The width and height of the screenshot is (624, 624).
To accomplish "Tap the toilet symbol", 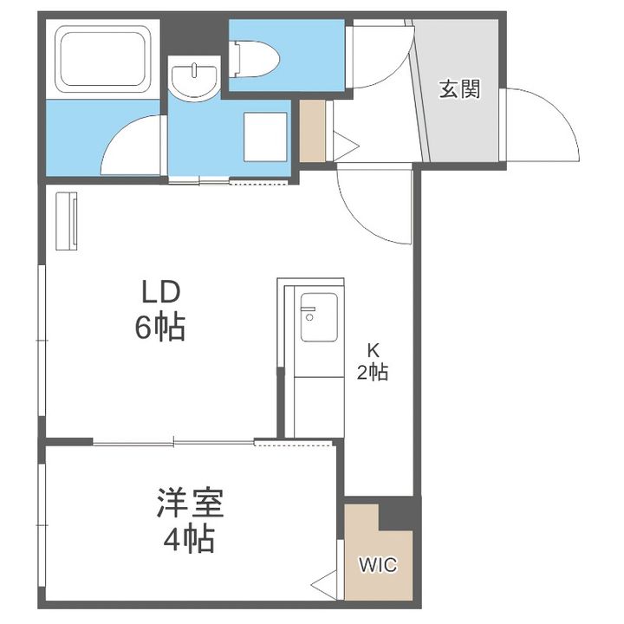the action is pyautogui.click(x=255, y=59).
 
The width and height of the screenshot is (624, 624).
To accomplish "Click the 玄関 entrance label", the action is pyautogui.click(x=459, y=89).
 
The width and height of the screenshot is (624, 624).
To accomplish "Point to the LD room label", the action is pyautogui.click(x=161, y=292).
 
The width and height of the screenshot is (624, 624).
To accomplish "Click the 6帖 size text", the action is pyautogui.click(x=160, y=327).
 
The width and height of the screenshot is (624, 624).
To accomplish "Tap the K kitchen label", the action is pyautogui.click(x=373, y=351).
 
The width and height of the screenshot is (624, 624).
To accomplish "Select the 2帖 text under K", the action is pyautogui.click(x=373, y=373).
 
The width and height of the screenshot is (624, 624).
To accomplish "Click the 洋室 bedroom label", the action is pyautogui.click(x=190, y=502).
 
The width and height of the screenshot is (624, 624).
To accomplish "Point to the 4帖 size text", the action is pyautogui.click(x=190, y=539).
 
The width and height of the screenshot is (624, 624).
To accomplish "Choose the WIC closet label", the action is pyautogui.click(x=378, y=565).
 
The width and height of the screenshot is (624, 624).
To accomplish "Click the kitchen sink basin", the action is pyautogui.click(x=319, y=317).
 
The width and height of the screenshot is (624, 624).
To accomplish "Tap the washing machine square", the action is pyautogui.click(x=265, y=137).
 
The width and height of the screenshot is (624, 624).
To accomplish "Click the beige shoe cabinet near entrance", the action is pyautogui.click(x=312, y=131).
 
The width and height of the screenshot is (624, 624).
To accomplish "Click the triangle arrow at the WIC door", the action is pyautogui.click(x=325, y=585).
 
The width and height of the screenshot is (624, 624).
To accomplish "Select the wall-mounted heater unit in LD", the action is pyautogui.click(x=67, y=221).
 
